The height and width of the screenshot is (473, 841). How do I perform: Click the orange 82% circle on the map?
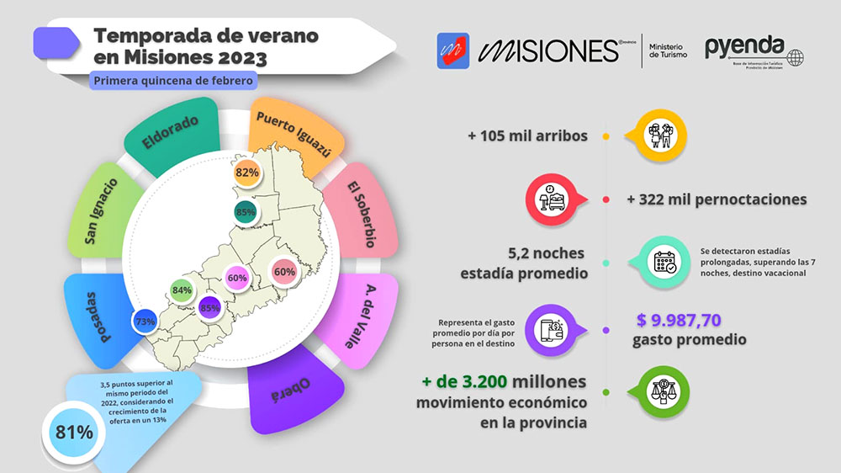coord(246,173)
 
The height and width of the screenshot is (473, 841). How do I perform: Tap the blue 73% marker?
coord(144,322)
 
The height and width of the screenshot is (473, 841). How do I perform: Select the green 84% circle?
coord(182,290)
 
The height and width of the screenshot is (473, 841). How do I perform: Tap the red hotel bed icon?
coord(554,199)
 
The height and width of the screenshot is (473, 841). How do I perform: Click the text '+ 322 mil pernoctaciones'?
coord(717,199)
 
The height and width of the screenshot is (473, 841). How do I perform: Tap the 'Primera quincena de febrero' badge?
coord(172,81)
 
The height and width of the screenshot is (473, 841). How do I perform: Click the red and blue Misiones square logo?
coord(453,50)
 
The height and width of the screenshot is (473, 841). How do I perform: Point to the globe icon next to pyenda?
coord(793,56)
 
